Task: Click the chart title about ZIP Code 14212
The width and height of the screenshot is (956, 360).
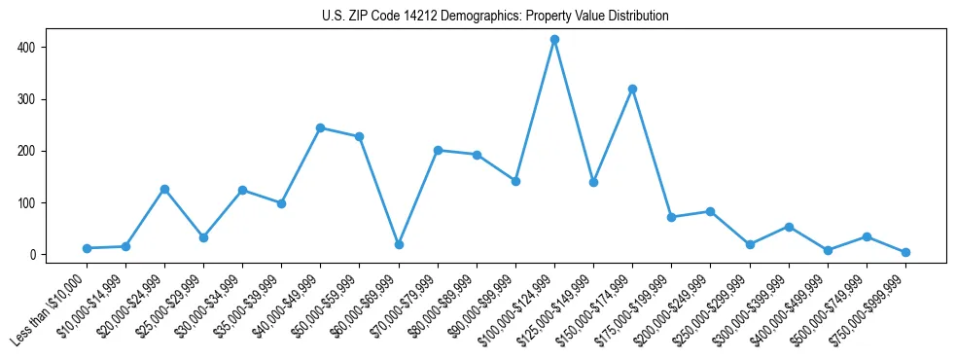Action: pos(495,17)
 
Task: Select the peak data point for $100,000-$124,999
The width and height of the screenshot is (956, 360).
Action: pos(554,40)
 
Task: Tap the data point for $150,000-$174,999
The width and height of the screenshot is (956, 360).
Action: pos(632,89)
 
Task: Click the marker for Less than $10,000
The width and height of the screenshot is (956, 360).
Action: pos(87,248)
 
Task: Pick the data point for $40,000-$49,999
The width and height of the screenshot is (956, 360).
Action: pos(320,127)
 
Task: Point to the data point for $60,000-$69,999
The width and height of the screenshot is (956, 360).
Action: pos(399,244)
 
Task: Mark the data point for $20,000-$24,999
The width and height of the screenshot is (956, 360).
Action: pos(164,189)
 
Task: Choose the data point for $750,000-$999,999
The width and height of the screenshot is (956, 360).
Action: pos(905,252)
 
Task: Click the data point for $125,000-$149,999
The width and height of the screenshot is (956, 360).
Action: pos(593,182)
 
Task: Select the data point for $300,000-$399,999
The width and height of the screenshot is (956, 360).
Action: pos(789,227)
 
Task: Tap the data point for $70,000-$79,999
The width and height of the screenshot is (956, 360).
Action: pos(438,150)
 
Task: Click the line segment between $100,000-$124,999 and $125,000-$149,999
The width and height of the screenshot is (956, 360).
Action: pos(574,111)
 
